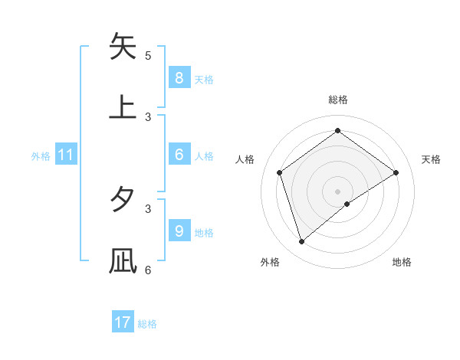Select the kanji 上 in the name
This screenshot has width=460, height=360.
pyautogui.click(x=123, y=106)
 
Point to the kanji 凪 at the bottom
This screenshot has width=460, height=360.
pyautogui.click(x=123, y=260)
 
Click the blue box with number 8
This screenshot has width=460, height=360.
pyautogui.click(x=179, y=77)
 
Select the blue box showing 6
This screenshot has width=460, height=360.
pyautogui.click(x=179, y=154)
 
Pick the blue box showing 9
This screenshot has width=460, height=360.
pyautogui.click(x=179, y=231)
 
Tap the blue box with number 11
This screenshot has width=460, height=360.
pyautogui.click(x=66, y=155)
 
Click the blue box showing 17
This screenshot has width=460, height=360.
pyautogui.click(x=123, y=322)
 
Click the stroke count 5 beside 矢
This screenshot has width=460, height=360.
pyautogui.click(x=148, y=55)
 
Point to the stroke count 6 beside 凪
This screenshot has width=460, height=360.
pyautogui.click(x=148, y=270)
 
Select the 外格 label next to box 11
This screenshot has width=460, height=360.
pyautogui.click(x=41, y=155)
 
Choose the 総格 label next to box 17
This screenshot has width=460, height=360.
pyautogui.click(x=147, y=324)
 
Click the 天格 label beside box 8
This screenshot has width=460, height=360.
pyautogui.click(x=204, y=79)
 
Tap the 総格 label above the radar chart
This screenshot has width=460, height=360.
pyautogui.click(x=338, y=100)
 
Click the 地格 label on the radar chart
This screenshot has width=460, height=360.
pyautogui.click(x=402, y=262)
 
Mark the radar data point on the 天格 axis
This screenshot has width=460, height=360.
pyautogui.click(x=396, y=172)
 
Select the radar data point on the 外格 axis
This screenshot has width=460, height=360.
pyautogui.click(x=302, y=241)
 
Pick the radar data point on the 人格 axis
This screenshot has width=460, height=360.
pyautogui.click(x=280, y=172)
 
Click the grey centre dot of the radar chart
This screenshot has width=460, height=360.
pyautogui.click(x=338, y=191)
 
